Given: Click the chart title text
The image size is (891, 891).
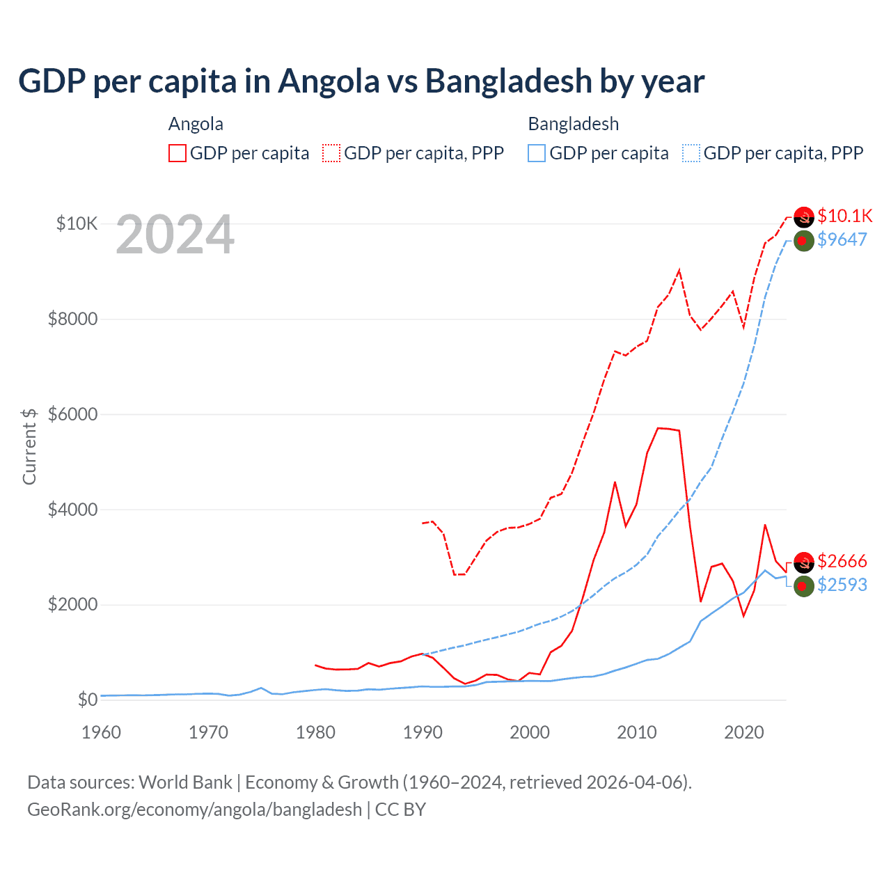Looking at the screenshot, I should point(361,81).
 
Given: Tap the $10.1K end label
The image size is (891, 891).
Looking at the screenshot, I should point(844,216).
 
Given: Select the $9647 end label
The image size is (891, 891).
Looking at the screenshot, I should point(842,239).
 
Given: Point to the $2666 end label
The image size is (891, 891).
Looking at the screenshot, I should point(842,561).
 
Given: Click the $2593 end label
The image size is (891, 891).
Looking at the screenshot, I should point(842,585).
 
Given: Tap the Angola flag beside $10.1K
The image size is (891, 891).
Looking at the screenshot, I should point(804,217).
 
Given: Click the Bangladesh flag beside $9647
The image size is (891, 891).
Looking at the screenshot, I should point(804,241).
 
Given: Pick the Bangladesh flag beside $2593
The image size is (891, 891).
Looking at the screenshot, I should point(804,586).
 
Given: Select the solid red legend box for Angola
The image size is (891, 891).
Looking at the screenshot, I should point(178,153).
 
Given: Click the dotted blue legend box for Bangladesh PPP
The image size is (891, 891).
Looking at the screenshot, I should point(691,153).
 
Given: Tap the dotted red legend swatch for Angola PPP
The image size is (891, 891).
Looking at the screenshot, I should point(332,153).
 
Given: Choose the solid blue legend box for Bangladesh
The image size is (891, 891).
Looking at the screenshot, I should point(537,153).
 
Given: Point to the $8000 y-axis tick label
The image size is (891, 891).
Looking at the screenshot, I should point(72,319).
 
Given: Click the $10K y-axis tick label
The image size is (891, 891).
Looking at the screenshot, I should point(77,223).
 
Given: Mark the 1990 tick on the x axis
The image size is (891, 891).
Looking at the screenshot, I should point(423,732).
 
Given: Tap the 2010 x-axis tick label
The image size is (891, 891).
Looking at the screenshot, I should point(637,732).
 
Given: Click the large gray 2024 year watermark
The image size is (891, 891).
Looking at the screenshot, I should point(175,235).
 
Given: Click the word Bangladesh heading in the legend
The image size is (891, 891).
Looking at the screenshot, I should point(573,124).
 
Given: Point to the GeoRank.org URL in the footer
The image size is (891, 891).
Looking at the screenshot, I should point(194,810).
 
